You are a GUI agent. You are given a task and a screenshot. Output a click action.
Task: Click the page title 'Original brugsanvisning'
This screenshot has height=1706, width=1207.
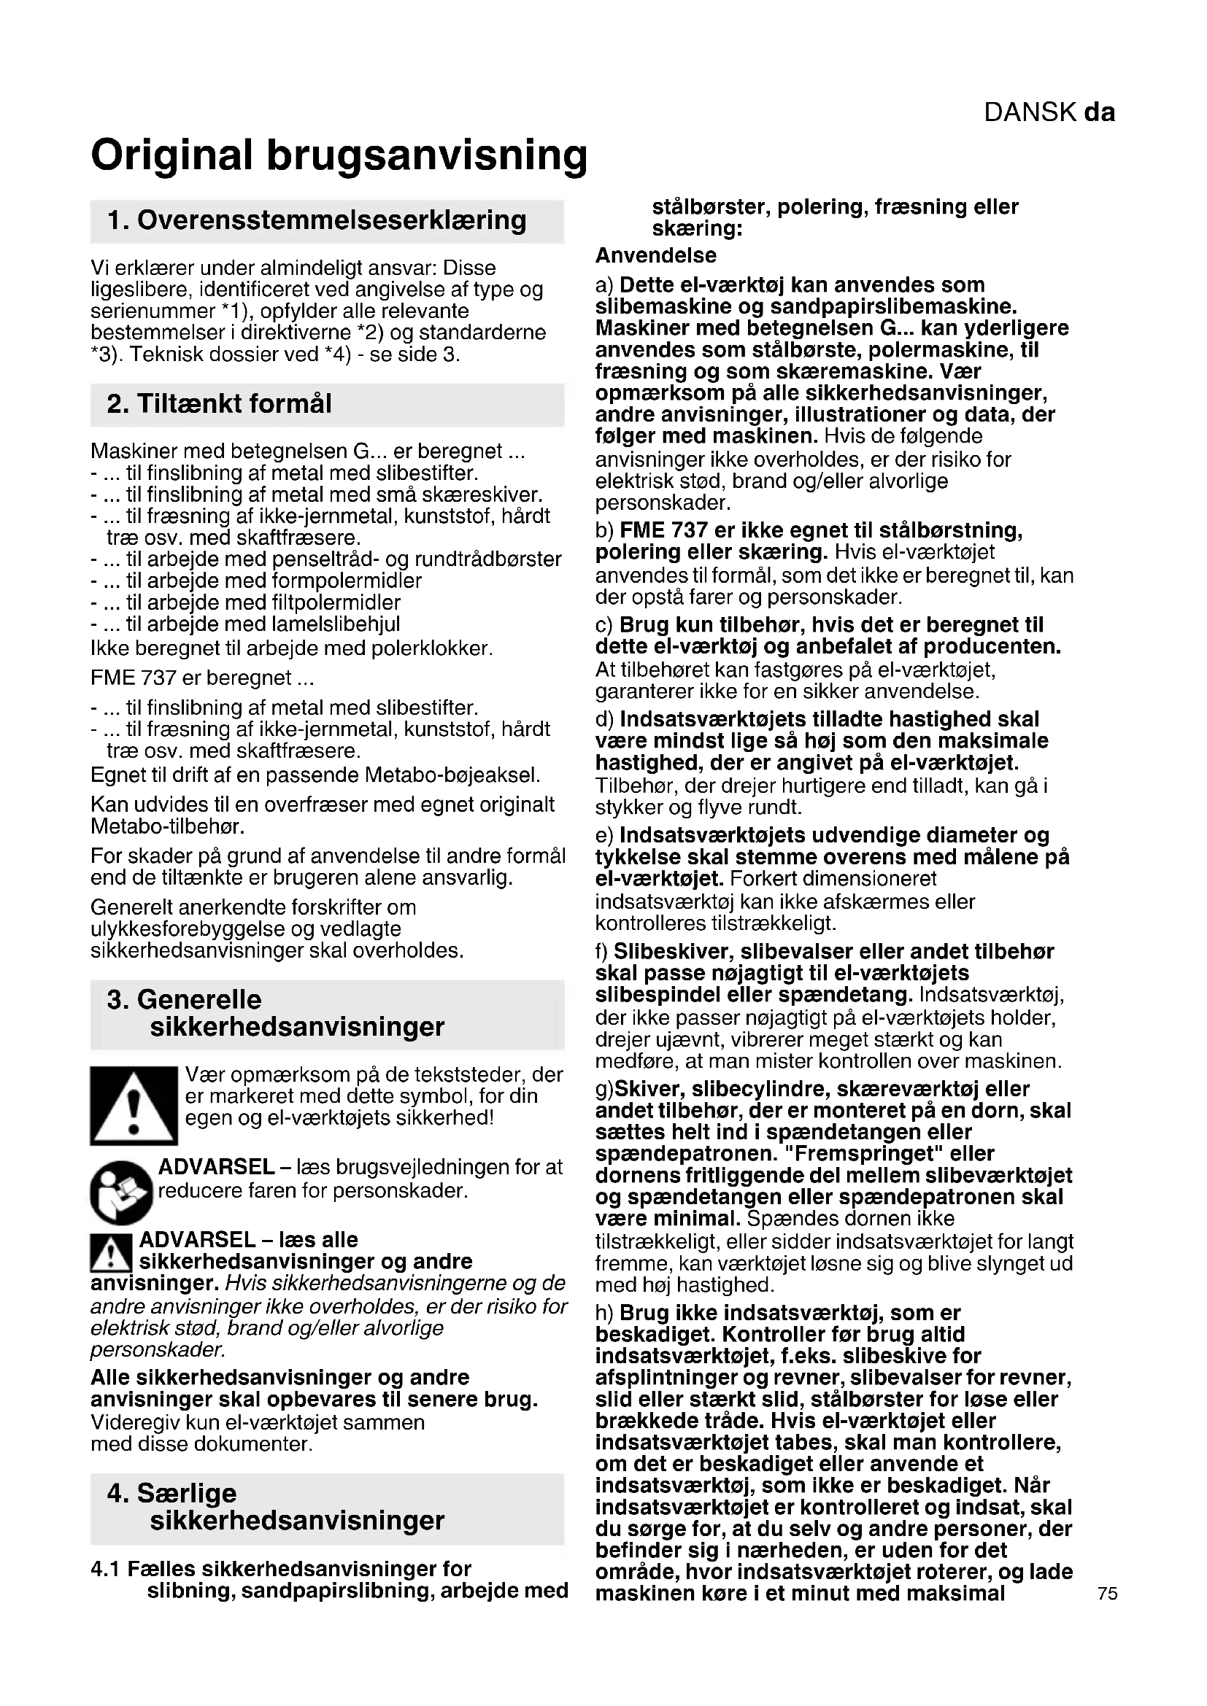[339, 155]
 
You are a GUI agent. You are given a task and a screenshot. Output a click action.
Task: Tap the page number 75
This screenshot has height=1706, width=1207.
[1107, 1593]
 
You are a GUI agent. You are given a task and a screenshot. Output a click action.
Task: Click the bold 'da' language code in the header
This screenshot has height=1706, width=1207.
[1099, 112]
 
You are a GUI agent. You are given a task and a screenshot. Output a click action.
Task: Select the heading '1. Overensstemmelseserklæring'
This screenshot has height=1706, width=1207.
[317, 221]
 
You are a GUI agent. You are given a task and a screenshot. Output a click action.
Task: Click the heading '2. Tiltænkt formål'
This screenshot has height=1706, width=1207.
[219, 403]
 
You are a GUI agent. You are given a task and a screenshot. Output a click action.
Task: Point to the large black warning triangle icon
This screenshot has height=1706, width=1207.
[134, 1106]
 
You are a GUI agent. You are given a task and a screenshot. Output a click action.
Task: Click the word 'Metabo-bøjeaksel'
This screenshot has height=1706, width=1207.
[452, 775]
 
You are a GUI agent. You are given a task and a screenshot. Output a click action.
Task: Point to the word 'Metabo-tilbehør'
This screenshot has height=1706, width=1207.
[167, 826]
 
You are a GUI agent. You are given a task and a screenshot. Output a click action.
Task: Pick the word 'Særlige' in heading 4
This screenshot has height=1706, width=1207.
[187, 1494]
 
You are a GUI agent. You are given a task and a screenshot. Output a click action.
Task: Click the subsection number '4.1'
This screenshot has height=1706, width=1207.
[106, 1570]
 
